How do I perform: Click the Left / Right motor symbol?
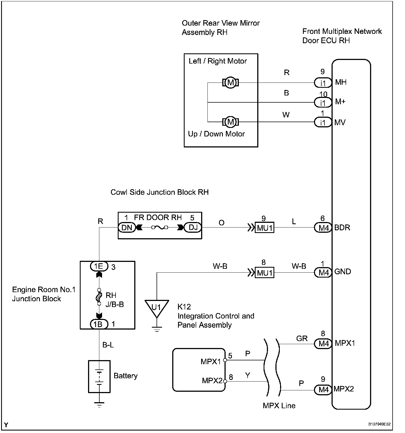click(231, 83)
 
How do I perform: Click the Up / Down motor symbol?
click(231, 122)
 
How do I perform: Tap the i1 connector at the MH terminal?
click(323, 82)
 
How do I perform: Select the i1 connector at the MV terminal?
click(323, 122)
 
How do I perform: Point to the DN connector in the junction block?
click(127, 228)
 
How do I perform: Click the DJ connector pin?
click(193, 228)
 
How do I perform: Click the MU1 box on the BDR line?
click(264, 228)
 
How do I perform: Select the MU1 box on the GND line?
click(264, 273)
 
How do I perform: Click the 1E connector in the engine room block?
click(99, 266)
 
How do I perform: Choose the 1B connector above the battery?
click(99, 324)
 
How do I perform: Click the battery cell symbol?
click(99, 377)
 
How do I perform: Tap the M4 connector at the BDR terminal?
click(323, 228)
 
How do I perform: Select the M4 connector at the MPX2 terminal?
click(323, 390)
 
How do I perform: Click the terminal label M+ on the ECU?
click(340, 102)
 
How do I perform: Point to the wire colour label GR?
click(302, 338)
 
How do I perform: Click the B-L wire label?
click(108, 345)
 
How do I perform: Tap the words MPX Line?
click(279, 405)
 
